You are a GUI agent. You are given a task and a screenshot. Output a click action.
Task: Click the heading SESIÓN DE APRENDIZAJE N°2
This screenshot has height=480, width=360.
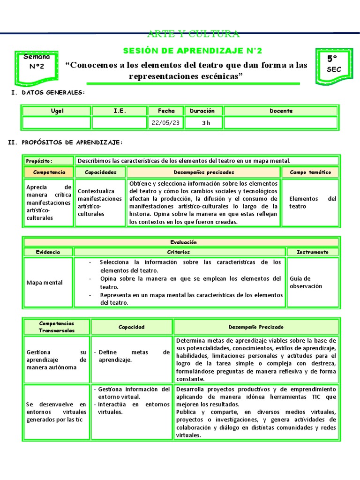coord(192,51)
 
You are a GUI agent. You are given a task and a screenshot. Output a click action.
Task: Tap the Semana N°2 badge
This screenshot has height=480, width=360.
coord(37,62)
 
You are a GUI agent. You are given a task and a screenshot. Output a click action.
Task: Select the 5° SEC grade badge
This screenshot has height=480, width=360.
coord(334,64)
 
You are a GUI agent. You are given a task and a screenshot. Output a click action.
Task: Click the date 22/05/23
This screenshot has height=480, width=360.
coord(166,123)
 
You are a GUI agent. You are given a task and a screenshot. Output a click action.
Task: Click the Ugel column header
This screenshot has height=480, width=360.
coord(57,111)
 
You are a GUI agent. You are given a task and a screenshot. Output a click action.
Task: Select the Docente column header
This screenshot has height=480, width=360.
coord(281,111)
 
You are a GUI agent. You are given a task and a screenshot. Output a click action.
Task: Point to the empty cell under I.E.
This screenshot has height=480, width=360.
coord(119,123)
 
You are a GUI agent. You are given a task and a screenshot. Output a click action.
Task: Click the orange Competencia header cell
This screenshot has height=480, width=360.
coord(49,172)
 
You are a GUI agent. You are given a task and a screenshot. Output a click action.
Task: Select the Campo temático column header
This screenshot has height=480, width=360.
coord(310,172)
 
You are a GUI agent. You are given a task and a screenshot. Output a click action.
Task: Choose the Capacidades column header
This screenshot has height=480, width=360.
coord(100,172)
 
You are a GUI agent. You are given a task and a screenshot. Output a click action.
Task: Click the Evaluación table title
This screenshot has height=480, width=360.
coord(183,242)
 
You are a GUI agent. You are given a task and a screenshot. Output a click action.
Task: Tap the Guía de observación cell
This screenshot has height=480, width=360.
coord(312,282)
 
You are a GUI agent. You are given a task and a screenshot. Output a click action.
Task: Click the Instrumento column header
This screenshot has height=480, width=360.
coord(312,252)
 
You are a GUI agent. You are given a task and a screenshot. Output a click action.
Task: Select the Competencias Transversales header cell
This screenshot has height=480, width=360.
coord(56,327)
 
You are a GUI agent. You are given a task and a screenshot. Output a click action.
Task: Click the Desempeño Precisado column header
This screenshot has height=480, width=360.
coord(256,327)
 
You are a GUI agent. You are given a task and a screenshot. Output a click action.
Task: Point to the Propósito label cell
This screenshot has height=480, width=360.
coord(49,161)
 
